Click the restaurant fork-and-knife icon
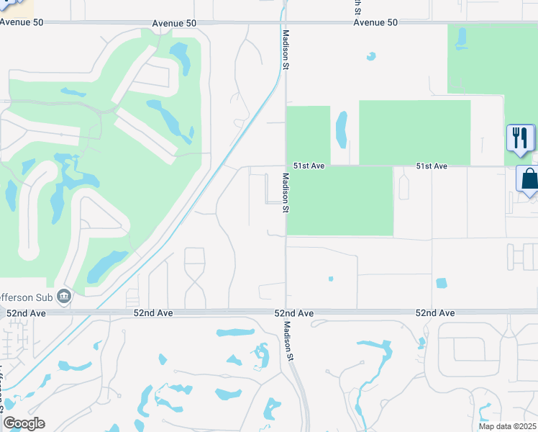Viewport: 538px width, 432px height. tap(520, 138)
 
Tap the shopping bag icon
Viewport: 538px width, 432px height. tap(529, 179)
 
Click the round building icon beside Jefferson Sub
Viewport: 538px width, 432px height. tap(64, 296)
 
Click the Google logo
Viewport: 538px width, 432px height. tap(24, 423)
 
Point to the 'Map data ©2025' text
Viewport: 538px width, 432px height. tap(507, 426)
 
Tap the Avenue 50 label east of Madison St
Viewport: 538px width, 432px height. tap(375, 22)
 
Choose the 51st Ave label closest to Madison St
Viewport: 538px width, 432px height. tap(309, 166)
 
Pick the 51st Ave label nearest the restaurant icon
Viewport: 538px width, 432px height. tap(432, 166)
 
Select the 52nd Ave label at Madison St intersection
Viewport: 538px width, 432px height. tap(293, 313)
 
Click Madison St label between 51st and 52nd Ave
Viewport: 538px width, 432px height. tap(286, 193)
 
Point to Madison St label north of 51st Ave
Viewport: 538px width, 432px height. tap(286, 55)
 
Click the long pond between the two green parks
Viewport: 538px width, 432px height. tap(342, 129)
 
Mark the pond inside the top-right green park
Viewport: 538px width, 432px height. tap(460, 39)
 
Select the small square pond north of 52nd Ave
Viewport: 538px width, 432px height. tap(441, 284)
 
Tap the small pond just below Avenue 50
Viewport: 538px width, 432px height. tap(371, 55)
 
